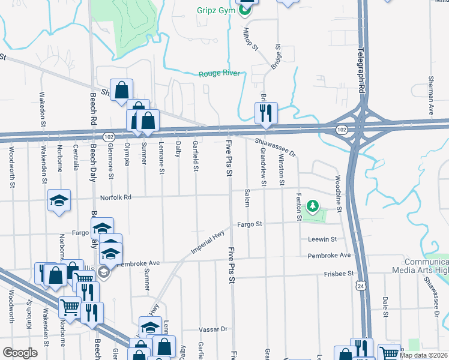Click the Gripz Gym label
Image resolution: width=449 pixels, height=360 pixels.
tap(216, 10)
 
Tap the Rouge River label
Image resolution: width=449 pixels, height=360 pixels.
tap(219, 74)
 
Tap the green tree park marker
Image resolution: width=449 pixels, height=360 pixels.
tap(312, 207)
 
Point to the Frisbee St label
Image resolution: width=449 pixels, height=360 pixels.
tap(337, 274)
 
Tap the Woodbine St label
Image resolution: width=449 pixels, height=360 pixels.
tap(339, 193)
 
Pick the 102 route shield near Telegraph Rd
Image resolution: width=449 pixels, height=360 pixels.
tap(341, 129)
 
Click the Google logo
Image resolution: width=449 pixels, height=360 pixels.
tap(20, 353)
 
